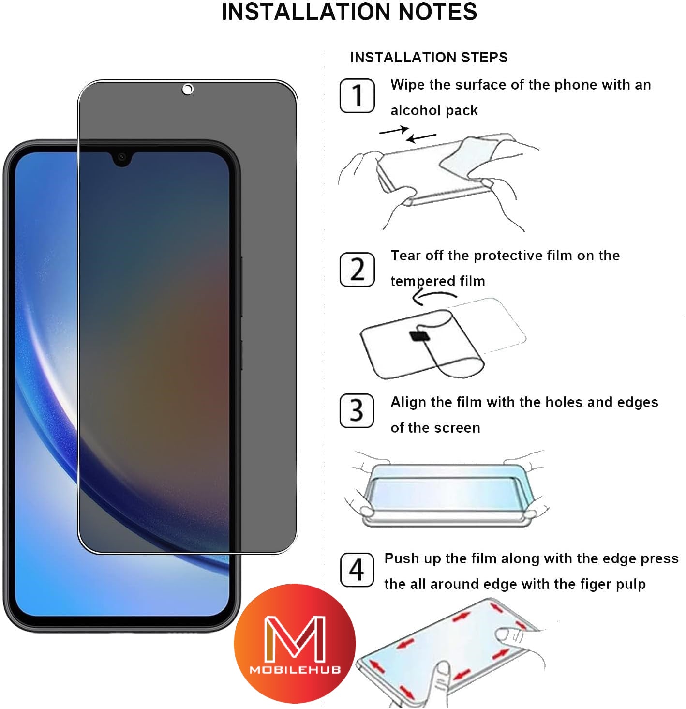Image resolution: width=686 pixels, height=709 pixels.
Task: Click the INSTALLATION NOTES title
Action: pyautogui.click(x=349, y=12)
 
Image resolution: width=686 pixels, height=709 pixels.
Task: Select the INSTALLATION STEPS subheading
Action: pyautogui.click(x=429, y=58)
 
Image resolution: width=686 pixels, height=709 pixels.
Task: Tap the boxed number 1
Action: pyautogui.click(x=357, y=95)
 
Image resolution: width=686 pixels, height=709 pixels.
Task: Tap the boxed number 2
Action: pyautogui.click(x=357, y=269)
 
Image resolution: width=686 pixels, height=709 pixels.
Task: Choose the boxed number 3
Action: pyautogui.click(x=357, y=411)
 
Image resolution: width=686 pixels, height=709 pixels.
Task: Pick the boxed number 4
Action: pyautogui.click(x=357, y=570)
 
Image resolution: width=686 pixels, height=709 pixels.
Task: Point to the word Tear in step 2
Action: pyautogui.click(x=405, y=256)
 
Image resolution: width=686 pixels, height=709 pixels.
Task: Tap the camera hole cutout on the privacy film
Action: pyautogui.click(x=188, y=89)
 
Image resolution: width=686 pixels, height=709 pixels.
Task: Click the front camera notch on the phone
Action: pyautogui.click(x=122, y=157)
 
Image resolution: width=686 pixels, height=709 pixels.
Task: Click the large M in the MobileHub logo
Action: pyautogui.click(x=295, y=639)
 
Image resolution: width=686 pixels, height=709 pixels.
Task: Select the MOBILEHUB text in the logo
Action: pyautogui.click(x=295, y=670)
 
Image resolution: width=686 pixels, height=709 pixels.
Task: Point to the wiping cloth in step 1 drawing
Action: pyautogui.click(x=472, y=155)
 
